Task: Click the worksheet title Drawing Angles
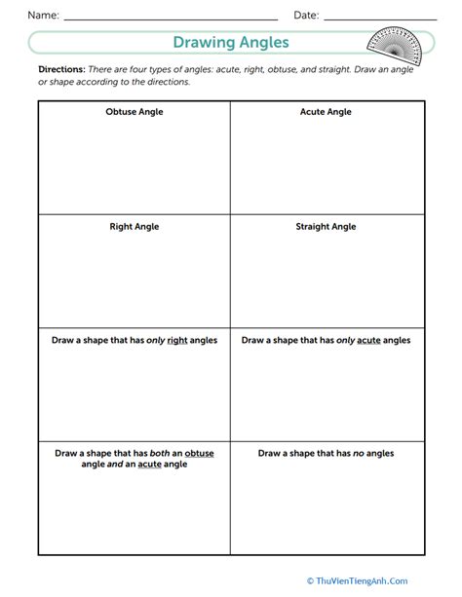tap(230, 43)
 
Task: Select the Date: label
tap(306, 16)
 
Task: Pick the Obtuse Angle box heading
tap(135, 112)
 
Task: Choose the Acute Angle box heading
tap(326, 112)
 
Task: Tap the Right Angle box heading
tap(135, 227)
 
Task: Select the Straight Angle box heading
tap(326, 227)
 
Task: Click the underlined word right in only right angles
tap(178, 341)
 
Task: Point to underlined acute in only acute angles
tap(369, 341)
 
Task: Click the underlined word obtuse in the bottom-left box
tap(198, 454)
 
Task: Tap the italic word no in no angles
tap(361, 454)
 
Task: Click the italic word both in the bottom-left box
tap(155, 454)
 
